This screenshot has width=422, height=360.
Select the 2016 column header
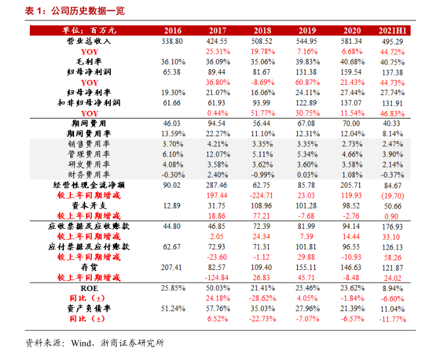(172, 30)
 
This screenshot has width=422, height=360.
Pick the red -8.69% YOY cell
(262, 82)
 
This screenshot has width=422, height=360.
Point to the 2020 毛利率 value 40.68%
(352, 61)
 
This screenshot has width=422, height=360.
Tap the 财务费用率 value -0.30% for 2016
(172, 174)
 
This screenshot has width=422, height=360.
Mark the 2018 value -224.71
(262, 195)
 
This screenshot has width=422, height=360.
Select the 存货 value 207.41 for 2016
(172, 267)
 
